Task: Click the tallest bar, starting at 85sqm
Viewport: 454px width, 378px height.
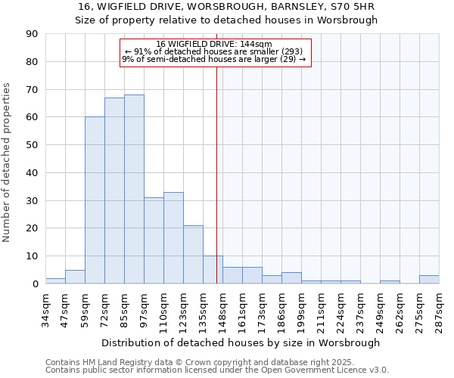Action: [x=134, y=189]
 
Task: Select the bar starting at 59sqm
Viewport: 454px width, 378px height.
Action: [x=95, y=200]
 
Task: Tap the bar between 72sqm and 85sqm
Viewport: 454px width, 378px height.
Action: [x=114, y=191]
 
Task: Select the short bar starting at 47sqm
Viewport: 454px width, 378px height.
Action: [x=75, y=277]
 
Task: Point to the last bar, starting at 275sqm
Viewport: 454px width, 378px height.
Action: [x=429, y=280]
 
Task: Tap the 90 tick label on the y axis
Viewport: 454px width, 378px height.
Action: [x=32, y=34]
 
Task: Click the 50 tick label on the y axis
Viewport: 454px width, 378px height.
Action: [x=32, y=145]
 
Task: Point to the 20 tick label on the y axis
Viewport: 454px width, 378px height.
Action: [x=32, y=228]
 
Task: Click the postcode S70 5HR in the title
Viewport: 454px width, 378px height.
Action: [x=353, y=7]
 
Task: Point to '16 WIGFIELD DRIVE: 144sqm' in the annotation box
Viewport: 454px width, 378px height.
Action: [x=214, y=45]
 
